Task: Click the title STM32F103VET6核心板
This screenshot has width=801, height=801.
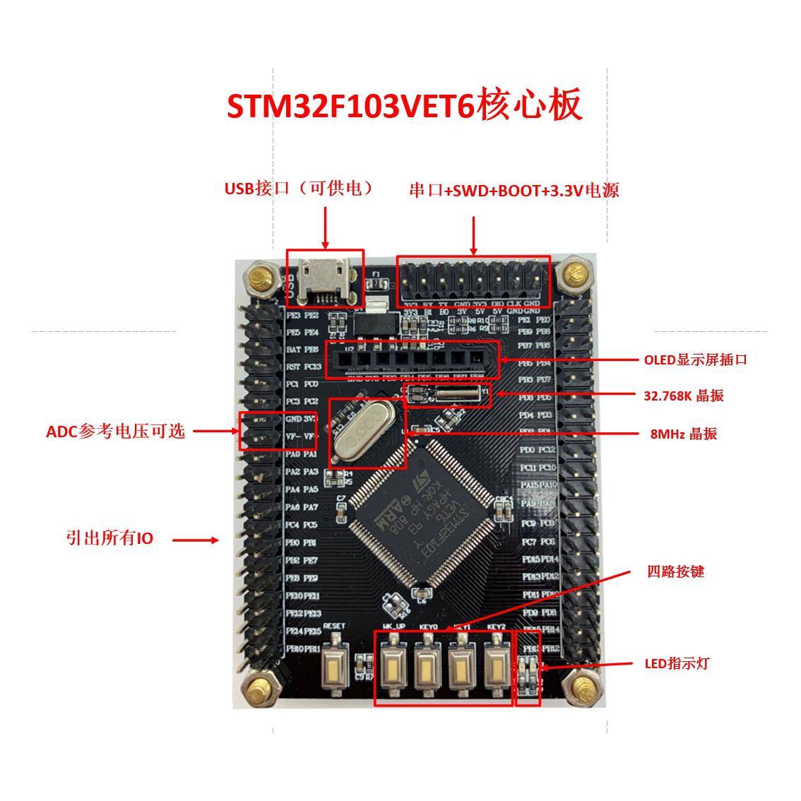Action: coord(404,105)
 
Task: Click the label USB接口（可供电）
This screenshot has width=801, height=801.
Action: coord(298,189)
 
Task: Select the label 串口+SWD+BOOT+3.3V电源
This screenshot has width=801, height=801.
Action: coord(514,191)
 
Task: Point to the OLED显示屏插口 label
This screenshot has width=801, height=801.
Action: coord(695,360)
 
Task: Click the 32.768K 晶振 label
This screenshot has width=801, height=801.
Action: coord(684,396)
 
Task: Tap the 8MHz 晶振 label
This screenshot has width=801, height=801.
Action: coord(683,434)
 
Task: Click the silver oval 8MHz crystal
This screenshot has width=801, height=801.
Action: coord(366,432)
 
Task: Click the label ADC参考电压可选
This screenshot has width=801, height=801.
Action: coord(116,432)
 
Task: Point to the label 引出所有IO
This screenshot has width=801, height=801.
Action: coord(109,538)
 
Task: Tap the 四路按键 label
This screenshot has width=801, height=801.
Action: coord(675,571)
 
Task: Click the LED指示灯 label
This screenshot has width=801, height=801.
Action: coord(677,663)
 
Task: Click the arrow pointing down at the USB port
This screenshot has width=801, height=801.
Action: coord(325,227)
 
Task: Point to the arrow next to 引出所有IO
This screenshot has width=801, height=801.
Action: coord(196,540)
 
